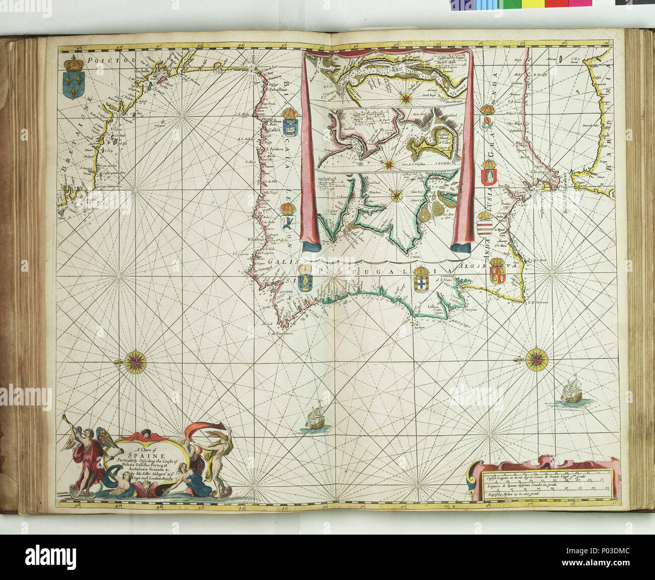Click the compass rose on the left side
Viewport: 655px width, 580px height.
pyautogui.click(x=135, y=361)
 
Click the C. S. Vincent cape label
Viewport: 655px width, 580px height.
pyautogui.click(x=537, y=303)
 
